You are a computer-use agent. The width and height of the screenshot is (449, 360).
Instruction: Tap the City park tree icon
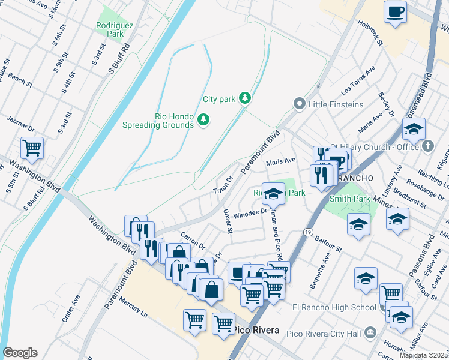coord(244,97)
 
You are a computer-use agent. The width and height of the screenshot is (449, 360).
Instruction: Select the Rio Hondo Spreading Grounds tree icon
coord(203,120)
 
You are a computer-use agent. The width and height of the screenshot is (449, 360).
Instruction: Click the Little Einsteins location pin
coord(299,104)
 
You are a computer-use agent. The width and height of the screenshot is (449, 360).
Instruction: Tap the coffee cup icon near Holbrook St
coord(395,12)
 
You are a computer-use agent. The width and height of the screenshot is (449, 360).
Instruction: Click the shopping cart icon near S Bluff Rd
coord(32,147)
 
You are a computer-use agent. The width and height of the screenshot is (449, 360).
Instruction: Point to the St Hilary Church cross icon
coord(428,146)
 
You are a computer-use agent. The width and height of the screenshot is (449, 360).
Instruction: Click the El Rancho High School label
coord(334,308)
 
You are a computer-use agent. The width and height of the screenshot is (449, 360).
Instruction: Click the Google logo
coord(20,352)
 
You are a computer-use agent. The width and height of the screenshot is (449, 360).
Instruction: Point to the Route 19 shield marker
coord(307,231)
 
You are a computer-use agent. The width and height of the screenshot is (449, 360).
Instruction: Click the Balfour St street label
coord(328,244)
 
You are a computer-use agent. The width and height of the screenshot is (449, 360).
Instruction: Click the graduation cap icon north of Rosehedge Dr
coord(414,129)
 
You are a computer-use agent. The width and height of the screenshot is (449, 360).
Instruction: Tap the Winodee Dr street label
coord(250,214)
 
